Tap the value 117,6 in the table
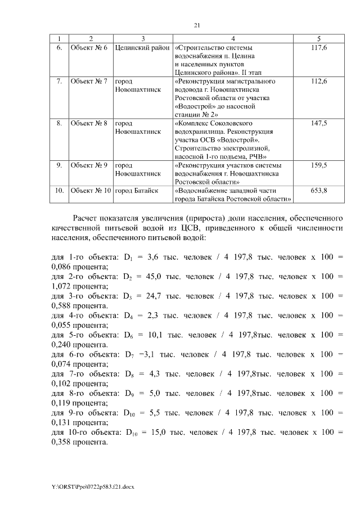[x=319, y=48]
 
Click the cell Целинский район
[x=142, y=48]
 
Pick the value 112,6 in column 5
[x=319, y=81]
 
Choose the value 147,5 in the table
[x=319, y=123]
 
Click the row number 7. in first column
[x=59, y=81]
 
